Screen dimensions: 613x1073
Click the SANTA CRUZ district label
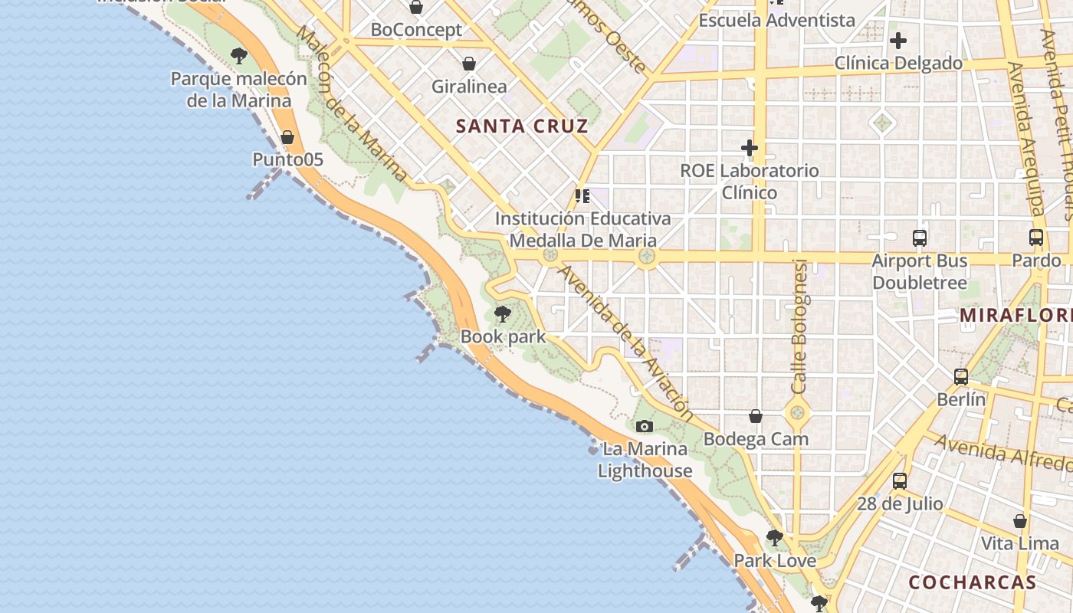tap(522, 126)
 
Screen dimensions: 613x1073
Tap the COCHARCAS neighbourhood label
tap(972, 582)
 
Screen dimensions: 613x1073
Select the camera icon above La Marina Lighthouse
tap(645, 426)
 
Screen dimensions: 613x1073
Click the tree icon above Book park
tap(502, 313)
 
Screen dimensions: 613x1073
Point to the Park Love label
tap(775, 561)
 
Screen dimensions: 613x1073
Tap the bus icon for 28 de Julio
tap(900, 481)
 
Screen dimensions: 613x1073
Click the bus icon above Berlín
tap(961, 376)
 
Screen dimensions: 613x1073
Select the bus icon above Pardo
tap(1036, 238)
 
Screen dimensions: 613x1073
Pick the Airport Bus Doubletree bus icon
tap(920, 238)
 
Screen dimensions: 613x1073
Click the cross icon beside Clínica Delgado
tap(898, 41)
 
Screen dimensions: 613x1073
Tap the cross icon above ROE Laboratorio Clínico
tap(750, 147)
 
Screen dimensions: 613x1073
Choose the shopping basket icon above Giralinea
tap(468, 64)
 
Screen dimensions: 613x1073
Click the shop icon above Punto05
tap(287, 137)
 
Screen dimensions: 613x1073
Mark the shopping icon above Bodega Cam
tap(756, 416)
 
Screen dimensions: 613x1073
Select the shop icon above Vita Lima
tap(1020, 521)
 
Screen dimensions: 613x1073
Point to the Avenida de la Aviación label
tap(626, 344)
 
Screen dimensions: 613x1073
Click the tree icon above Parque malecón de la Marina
tap(239, 55)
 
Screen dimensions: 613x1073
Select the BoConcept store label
tap(416, 30)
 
